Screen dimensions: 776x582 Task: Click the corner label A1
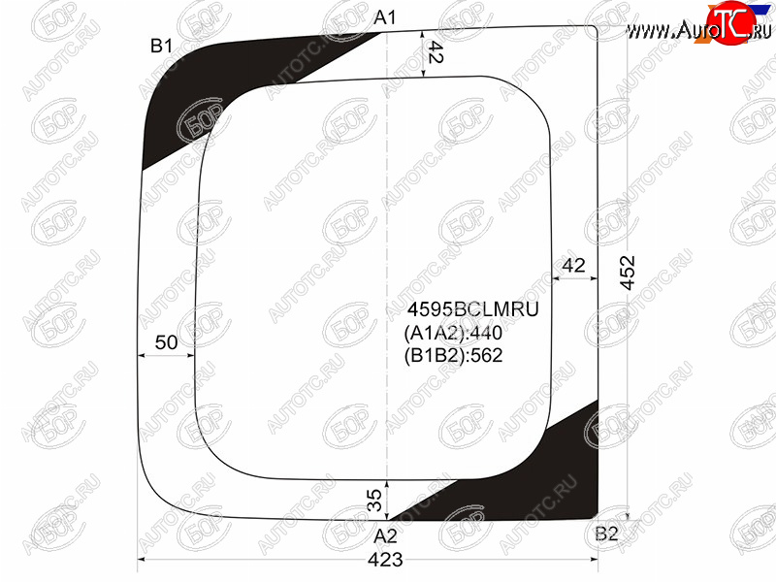click(x=385, y=17)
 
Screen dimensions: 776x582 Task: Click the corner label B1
click(x=161, y=46)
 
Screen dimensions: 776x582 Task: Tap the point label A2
click(x=385, y=536)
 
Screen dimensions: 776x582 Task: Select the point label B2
click(x=607, y=533)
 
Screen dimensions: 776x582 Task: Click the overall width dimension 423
click(x=385, y=560)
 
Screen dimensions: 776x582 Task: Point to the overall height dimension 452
click(x=628, y=272)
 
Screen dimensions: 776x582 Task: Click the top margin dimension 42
click(x=434, y=52)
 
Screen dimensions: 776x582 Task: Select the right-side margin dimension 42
click(x=573, y=266)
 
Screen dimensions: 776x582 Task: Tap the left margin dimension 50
click(x=166, y=342)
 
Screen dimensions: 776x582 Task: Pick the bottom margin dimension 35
click(x=374, y=500)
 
